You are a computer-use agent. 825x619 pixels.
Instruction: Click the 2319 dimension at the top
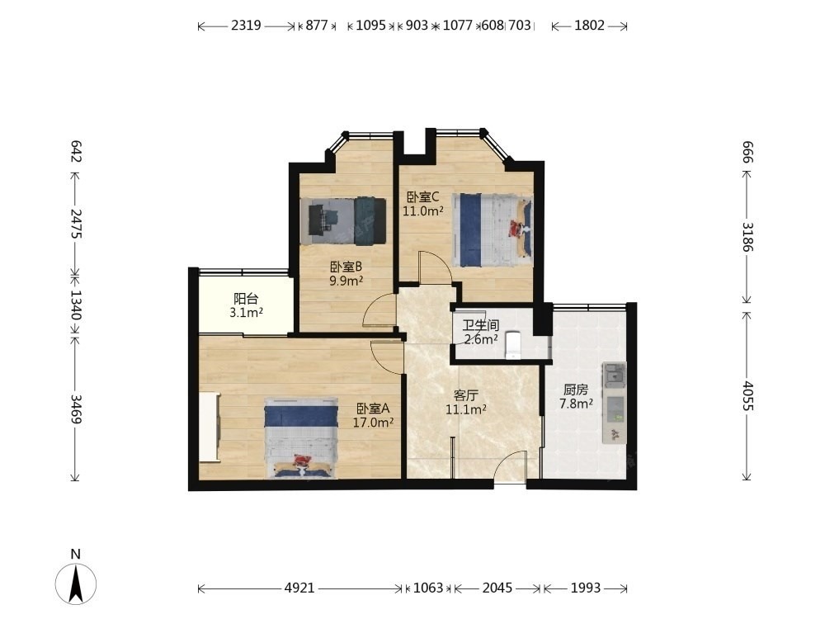coord(246,26)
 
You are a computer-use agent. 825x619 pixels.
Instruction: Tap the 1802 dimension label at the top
coord(589,26)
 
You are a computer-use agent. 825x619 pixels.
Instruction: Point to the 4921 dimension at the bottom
coord(299,588)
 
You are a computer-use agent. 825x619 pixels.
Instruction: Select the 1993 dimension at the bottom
coord(586,588)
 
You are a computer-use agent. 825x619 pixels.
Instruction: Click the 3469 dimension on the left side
coord(75,409)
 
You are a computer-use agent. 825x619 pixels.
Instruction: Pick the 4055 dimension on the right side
coord(747,396)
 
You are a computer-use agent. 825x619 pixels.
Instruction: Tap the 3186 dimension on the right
coord(747,237)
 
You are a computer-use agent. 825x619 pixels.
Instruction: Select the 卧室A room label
coord(373,409)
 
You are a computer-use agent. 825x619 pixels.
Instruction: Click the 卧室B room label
coord(346,267)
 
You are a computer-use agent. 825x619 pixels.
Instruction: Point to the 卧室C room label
coord(423,197)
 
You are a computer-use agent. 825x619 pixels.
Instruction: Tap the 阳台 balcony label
coord(246,299)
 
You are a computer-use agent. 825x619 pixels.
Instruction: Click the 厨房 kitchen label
coord(576,390)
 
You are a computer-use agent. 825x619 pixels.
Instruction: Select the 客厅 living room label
coord(465,395)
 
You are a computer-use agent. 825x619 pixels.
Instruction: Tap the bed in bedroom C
coord(493,230)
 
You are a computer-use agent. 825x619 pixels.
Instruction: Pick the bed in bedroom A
coord(301,438)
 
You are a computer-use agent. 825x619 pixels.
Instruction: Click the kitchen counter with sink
coord(615,403)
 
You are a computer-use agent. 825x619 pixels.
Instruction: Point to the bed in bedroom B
coord(343,221)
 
